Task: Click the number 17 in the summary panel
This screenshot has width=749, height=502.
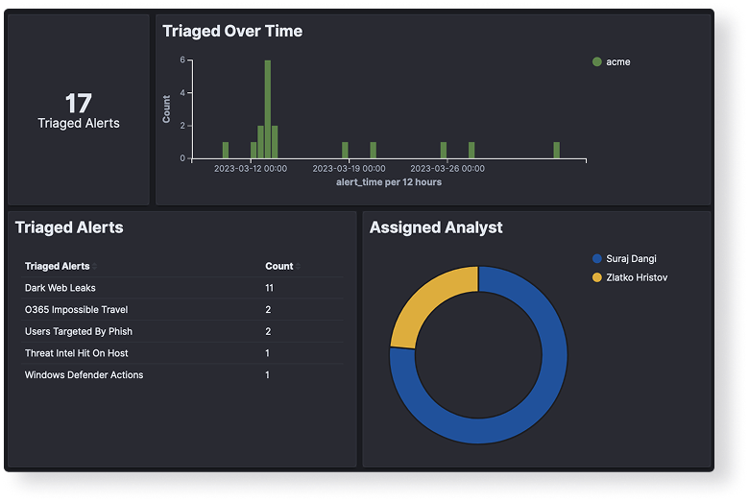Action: [78, 103]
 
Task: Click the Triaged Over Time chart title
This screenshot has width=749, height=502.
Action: [232, 31]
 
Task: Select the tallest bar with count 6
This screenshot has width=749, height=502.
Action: [267, 108]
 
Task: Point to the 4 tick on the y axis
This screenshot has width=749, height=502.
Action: [182, 93]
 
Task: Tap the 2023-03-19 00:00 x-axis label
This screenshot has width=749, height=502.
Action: [349, 168]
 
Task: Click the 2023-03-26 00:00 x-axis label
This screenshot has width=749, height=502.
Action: [447, 168]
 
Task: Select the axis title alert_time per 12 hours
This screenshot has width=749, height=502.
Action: [389, 181]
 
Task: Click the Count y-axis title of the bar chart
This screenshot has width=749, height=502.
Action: [167, 108]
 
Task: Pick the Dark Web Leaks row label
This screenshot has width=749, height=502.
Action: [60, 288]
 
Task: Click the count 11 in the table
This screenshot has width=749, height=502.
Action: [270, 288]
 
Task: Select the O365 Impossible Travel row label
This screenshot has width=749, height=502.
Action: [76, 310]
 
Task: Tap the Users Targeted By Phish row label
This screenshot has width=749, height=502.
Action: [79, 331]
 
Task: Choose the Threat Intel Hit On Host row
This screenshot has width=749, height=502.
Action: [76, 353]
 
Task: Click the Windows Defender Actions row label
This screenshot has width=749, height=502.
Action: [84, 374]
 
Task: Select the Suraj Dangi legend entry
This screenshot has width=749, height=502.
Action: [631, 258]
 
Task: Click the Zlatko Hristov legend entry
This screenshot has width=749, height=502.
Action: [636, 277]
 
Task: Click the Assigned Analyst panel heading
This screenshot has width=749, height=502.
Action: [436, 227]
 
